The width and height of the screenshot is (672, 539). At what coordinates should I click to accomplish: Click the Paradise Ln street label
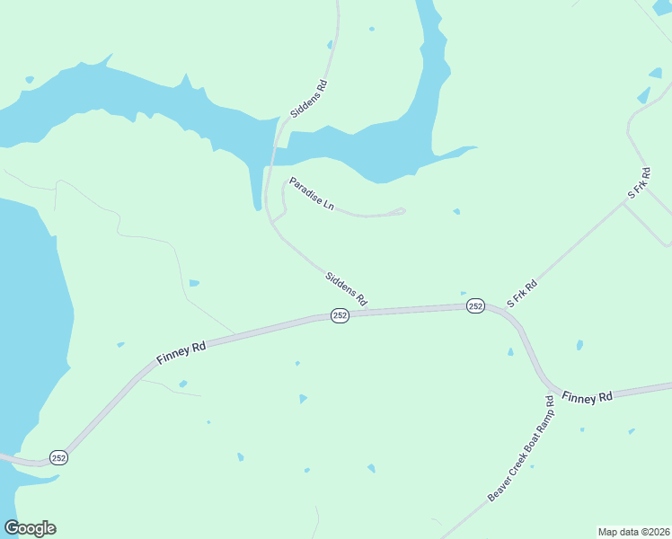point(311,194)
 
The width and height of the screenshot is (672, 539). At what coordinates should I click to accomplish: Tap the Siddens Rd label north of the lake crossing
point(308,100)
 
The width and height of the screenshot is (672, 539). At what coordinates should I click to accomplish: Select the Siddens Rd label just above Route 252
point(346,288)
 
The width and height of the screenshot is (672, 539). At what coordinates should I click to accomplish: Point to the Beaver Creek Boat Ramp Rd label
point(522,448)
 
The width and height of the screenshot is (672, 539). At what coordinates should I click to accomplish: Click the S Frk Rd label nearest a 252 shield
point(522,294)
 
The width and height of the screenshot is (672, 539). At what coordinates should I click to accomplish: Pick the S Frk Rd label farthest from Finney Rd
point(638,182)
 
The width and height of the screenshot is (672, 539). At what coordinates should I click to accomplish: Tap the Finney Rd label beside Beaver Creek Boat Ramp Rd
point(587,396)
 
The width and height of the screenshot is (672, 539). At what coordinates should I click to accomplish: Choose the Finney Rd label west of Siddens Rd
point(181,349)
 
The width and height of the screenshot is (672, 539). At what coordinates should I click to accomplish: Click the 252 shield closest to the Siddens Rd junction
point(340,315)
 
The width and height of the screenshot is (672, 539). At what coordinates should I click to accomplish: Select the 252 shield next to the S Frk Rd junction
point(475,306)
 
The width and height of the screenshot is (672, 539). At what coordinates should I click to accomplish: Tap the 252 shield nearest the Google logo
point(59,457)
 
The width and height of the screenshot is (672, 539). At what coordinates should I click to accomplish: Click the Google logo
point(30,528)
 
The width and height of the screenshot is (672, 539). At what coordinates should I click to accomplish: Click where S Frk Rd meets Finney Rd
point(497,307)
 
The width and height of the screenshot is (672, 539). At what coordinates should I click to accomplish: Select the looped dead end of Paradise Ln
point(400,211)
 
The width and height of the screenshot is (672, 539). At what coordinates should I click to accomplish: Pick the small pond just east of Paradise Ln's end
point(456,212)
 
